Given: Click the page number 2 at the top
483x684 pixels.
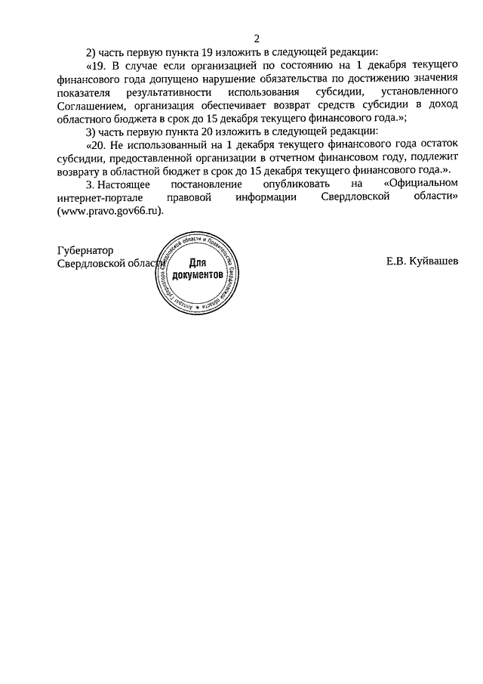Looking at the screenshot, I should pyautogui.click(x=257, y=38).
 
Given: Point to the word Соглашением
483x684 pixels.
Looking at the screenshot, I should pyautogui.click(x=85, y=105).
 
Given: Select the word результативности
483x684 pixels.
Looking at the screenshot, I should pyautogui.click(x=160, y=91).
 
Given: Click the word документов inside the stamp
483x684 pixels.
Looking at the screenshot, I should pyautogui.click(x=198, y=276).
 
